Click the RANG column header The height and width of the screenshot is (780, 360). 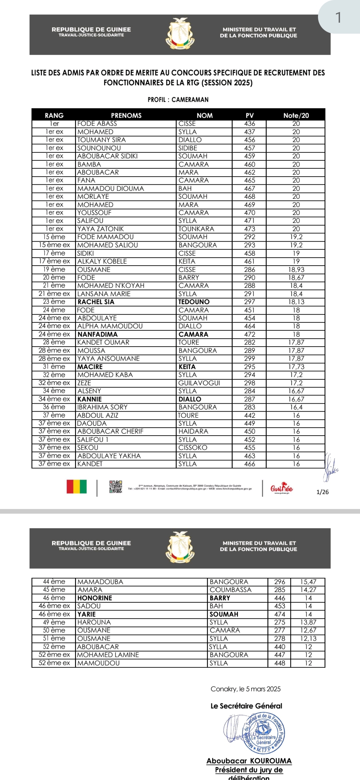54,115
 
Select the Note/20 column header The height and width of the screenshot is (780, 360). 296,115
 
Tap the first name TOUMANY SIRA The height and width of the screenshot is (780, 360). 101,140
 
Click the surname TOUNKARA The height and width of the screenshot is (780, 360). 196,229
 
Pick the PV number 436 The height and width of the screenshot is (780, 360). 250,124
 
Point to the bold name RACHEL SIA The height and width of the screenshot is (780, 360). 96,302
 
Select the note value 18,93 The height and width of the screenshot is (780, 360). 296,270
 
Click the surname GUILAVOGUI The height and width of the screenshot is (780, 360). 199,383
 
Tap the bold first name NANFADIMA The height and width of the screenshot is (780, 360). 98,334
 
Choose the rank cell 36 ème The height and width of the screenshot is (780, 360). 54,407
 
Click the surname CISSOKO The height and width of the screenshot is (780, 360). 193,448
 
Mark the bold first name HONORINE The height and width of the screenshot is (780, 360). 95,598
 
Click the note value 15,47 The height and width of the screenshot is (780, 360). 308,582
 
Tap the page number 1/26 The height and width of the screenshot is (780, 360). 322,492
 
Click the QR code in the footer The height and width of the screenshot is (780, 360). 116,487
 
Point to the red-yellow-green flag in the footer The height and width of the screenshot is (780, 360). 77,487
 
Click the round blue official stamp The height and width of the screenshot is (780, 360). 264,734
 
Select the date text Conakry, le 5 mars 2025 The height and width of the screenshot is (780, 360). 246,689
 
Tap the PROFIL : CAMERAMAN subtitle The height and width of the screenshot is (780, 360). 178,100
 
